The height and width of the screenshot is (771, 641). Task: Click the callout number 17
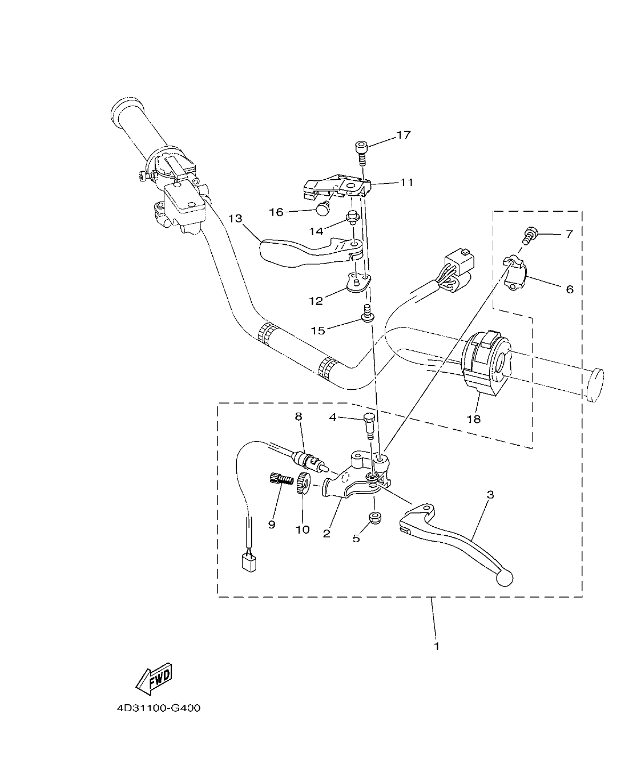[x=404, y=135]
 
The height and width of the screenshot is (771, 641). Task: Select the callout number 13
[x=236, y=219]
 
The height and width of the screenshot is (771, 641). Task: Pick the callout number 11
[x=407, y=183]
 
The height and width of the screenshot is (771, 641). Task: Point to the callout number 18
[x=474, y=419]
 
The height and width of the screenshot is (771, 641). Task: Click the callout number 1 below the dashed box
[x=437, y=647]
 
